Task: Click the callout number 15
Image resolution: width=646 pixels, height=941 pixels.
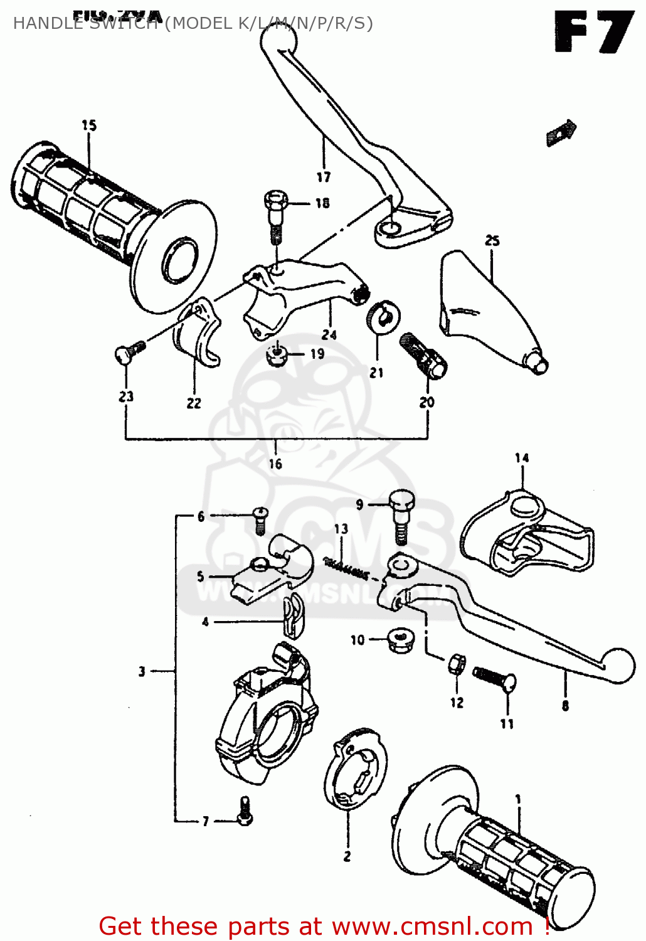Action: (89, 125)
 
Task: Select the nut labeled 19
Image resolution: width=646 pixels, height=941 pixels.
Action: (276, 356)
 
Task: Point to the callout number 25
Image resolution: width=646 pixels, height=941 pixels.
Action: (492, 241)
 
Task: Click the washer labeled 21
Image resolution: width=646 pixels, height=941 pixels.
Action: (382, 316)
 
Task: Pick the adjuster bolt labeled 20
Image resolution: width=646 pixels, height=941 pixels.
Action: (423, 355)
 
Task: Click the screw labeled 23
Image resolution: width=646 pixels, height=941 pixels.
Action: (129, 353)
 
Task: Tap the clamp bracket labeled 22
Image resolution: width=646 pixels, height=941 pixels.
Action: (196, 333)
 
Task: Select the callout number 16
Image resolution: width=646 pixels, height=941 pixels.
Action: (275, 464)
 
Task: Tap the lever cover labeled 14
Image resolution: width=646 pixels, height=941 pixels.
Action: (527, 533)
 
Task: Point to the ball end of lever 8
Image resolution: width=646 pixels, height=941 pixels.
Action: (618, 665)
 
